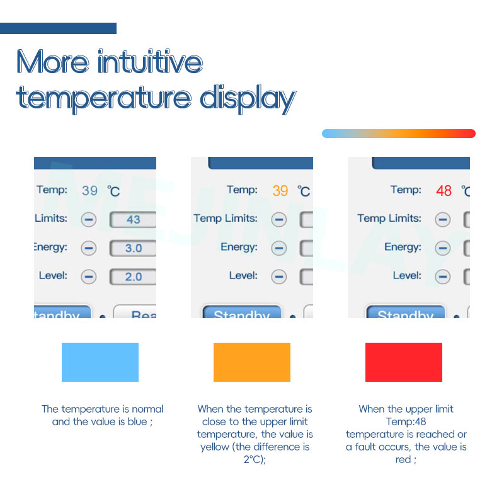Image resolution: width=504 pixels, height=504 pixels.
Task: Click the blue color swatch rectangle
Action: point(100,362)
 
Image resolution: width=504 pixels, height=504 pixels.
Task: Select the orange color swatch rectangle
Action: point(252,362)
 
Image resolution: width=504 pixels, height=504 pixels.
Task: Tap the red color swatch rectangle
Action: point(404,362)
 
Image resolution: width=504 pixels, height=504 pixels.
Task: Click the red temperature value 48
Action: point(444,190)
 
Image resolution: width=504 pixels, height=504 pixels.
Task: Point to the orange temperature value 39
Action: point(280,190)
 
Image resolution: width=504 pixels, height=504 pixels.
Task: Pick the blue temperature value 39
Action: point(89,190)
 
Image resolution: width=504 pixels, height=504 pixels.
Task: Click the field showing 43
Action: point(133,220)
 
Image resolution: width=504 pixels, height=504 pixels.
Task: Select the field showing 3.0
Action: point(133,248)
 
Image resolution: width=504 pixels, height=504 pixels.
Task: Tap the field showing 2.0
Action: point(133,277)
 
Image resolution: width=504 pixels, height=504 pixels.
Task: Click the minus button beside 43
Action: point(89,220)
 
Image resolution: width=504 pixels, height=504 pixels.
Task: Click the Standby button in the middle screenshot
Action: point(241,314)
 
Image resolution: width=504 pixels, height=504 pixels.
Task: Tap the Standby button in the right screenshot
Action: point(405,314)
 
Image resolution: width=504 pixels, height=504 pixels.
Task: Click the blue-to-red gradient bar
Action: point(398,134)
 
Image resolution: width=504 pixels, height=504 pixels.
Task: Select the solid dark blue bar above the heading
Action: point(58,28)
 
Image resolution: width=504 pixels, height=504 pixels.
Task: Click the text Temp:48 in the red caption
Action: point(406,421)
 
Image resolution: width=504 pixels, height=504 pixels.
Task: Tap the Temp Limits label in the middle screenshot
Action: point(226,218)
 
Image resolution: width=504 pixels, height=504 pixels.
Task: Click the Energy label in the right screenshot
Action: point(403,247)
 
